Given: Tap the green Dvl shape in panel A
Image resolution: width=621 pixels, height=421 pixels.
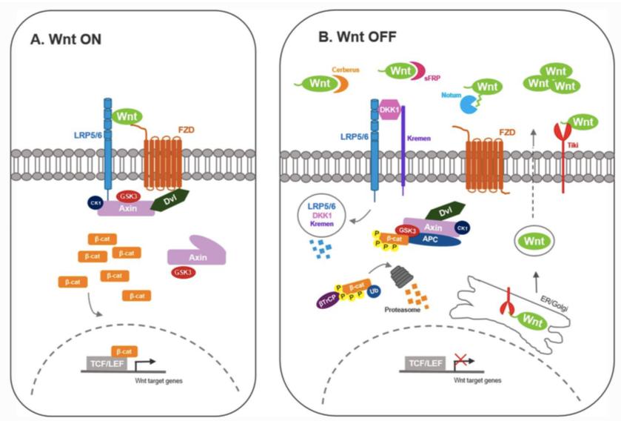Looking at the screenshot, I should (x=172, y=199).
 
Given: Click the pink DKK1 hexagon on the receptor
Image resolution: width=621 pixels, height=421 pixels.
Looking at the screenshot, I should (x=389, y=109).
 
